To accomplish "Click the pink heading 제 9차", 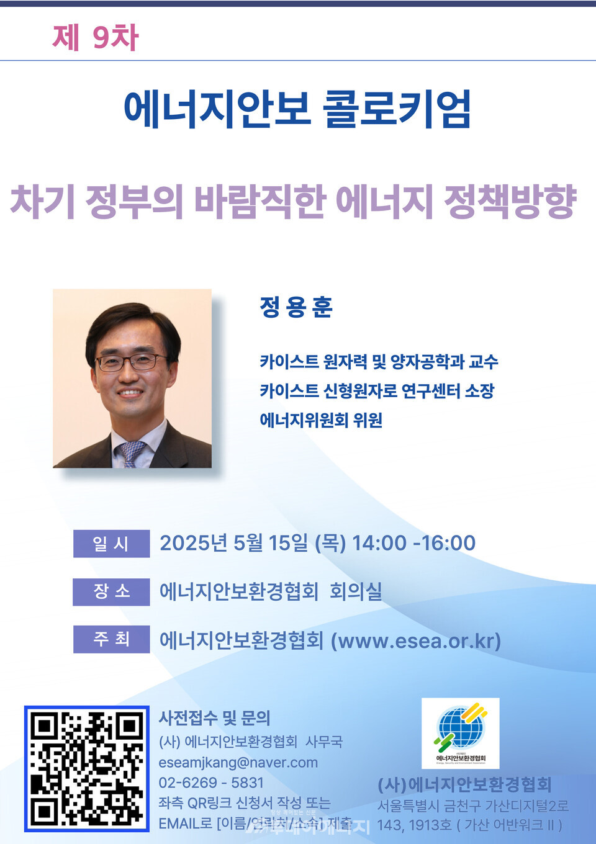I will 95,37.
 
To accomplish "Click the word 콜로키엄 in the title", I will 397,109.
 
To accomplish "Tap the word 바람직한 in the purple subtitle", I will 260,201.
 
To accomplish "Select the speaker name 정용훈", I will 296,307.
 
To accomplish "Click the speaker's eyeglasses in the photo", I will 132,362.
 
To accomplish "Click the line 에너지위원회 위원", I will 320,420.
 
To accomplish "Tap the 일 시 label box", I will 111,544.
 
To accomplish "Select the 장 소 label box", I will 111,591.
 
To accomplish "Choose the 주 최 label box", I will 111,639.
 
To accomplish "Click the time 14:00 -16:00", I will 413,543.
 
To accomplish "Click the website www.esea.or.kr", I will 416,640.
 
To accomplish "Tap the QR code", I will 87,768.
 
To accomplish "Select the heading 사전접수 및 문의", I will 214,718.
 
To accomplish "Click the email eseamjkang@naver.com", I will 238,762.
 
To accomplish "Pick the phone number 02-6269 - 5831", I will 211,783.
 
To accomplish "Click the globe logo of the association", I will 460,727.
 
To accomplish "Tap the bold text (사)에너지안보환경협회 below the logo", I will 464,785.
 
